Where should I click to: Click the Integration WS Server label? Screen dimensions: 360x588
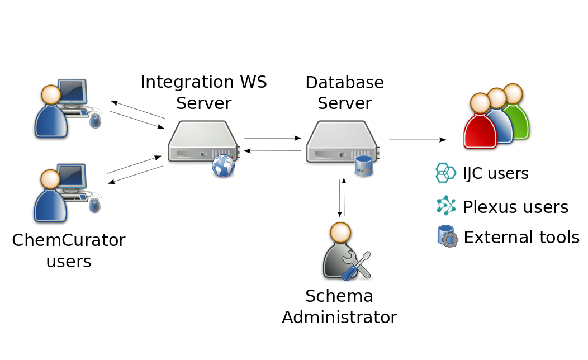pyautogui.click(x=203, y=92)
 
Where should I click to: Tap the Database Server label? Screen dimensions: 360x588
pyautogui.click(x=344, y=93)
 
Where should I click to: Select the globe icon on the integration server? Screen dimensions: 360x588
pyautogui.click(x=224, y=166)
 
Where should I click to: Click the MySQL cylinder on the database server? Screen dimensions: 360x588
pyautogui.click(x=364, y=166)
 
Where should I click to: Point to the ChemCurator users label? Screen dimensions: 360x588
pyautogui.click(x=69, y=250)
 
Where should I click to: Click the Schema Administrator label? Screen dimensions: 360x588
pyautogui.click(x=339, y=306)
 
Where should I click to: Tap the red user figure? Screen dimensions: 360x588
pyautogui.click(x=480, y=122)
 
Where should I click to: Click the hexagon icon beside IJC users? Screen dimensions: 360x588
pyautogui.click(x=445, y=173)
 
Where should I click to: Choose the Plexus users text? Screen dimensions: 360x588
pyautogui.click(x=515, y=207)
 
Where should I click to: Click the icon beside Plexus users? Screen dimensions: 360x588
pyautogui.click(x=446, y=206)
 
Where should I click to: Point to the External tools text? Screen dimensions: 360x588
pyautogui.click(x=521, y=238)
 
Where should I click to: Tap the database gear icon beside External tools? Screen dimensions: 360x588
pyautogui.click(x=447, y=236)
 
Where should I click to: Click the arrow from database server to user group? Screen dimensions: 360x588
pyautogui.click(x=417, y=140)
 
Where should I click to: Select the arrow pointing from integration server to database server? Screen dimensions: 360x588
pyautogui.click(x=272, y=138)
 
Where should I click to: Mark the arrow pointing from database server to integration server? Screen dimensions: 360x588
pyautogui.click(x=272, y=151)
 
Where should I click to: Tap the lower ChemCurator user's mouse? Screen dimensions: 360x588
pyautogui.click(x=95, y=205)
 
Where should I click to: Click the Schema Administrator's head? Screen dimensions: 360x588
pyautogui.click(x=340, y=233)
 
